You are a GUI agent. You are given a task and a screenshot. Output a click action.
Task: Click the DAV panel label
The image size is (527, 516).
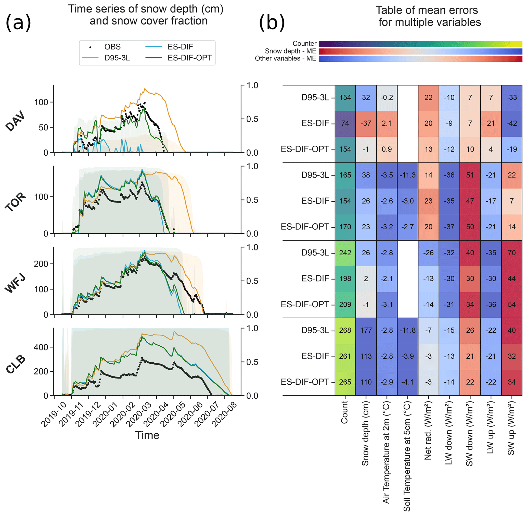(16, 121)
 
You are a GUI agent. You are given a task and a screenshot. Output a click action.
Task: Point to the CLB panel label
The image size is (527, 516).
(16, 364)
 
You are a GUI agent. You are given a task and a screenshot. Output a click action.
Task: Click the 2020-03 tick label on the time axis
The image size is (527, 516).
(139, 415)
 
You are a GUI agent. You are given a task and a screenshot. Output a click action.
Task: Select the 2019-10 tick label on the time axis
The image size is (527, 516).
(54, 415)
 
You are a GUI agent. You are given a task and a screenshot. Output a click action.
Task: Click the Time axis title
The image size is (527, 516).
(147, 435)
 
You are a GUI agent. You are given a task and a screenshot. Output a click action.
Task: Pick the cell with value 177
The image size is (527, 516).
(366, 330)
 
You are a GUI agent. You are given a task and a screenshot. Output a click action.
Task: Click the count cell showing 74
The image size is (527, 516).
(345, 123)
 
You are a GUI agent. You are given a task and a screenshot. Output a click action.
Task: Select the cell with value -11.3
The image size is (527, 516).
(407, 175)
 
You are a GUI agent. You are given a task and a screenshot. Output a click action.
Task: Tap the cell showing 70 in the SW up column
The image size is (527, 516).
(511, 253)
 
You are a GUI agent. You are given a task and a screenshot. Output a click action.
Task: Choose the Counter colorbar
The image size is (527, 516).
(420, 44)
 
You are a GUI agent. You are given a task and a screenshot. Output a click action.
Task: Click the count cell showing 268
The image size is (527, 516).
(345, 330)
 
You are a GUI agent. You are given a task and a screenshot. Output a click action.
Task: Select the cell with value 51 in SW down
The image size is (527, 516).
(470, 175)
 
